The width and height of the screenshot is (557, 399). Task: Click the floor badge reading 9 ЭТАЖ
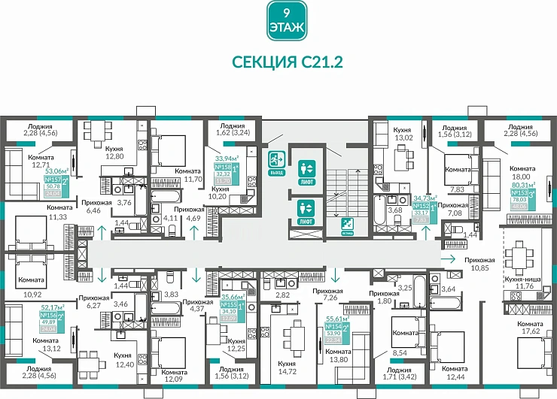tap(287, 21)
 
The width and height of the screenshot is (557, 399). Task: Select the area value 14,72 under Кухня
tap(285, 372)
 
